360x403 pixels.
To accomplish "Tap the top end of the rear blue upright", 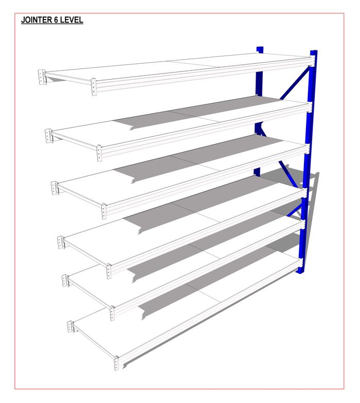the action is [260, 48].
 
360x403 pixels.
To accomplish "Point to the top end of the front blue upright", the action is [314, 51].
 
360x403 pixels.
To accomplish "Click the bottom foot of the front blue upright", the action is [299, 271].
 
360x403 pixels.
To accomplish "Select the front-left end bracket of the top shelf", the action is [94, 87].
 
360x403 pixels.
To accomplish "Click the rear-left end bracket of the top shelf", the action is [41, 77].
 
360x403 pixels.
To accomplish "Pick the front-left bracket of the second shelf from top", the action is [99, 153].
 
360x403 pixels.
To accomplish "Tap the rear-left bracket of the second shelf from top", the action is [48, 136].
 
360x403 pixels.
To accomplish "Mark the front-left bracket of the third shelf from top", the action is [104, 211].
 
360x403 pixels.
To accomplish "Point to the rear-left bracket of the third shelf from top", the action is [54, 188].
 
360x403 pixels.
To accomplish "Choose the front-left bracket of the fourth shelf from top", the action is [109, 271].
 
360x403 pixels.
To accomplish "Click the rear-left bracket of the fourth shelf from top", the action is [61, 242].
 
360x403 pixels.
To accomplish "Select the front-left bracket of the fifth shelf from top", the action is [112, 314].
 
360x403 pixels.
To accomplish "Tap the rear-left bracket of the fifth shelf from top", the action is [65, 281].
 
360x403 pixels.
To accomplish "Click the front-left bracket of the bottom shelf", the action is [116, 363].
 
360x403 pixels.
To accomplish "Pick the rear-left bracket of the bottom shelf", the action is [70, 327].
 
